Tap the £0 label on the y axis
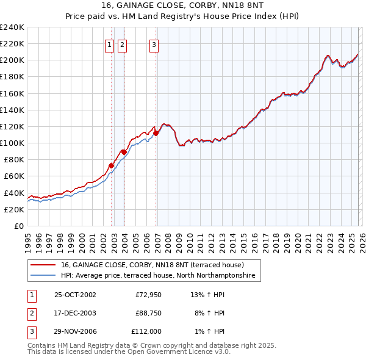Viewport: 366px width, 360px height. (x=18, y=226)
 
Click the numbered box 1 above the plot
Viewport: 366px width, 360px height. (x=110, y=44)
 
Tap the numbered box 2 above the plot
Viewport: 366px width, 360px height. (x=122, y=44)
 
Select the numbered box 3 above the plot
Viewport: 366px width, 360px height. (x=154, y=44)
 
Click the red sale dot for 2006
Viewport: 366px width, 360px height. (x=156, y=133)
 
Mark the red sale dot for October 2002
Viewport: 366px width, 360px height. (x=112, y=165)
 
